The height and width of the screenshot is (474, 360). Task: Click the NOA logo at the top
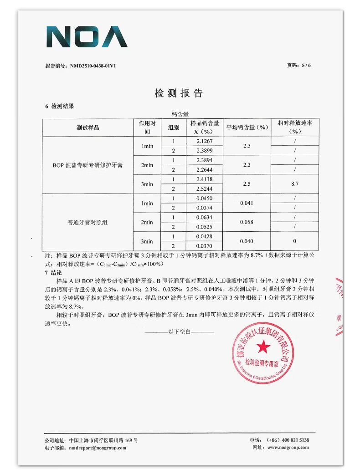(x=87, y=37)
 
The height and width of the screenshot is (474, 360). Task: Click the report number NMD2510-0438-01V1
(x=96, y=66)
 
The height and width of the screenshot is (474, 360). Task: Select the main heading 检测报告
(x=179, y=93)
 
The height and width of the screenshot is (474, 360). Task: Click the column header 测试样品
(x=87, y=127)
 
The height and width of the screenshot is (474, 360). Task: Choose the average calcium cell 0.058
(x=247, y=222)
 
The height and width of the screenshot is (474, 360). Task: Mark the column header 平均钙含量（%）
(x=247, y=127)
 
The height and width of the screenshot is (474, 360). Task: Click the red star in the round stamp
(x=263, y=348)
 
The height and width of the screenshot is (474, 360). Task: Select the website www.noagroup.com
(x=288, y=448)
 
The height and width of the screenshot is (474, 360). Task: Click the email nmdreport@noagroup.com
(x=98, y=448)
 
